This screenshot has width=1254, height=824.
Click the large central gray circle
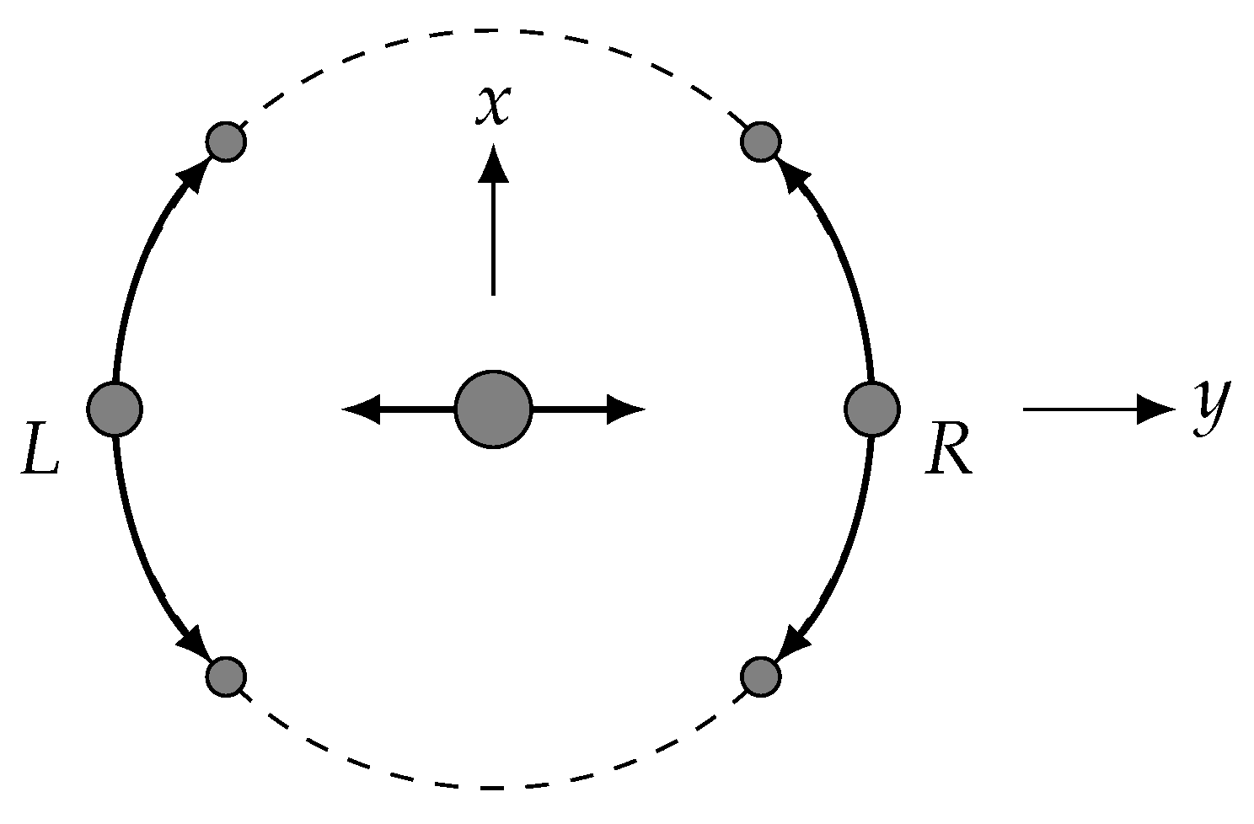(493, 409)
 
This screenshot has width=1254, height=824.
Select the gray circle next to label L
(115, 409)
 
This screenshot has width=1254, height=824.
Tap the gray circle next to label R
(872, 409)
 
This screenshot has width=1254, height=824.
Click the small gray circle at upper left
(226, 142)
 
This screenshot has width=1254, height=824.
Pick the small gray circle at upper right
(760, 142)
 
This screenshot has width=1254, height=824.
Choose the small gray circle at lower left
(226, 676)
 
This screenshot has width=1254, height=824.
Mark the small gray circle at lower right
(760, 676)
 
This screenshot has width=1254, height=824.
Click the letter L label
(40, 456)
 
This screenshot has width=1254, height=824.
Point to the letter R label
(949, 456)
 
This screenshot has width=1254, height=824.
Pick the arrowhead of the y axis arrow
(1156, 409)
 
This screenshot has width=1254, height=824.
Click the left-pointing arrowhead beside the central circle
(361, 409)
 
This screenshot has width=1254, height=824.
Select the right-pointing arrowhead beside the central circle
(625, 409)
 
